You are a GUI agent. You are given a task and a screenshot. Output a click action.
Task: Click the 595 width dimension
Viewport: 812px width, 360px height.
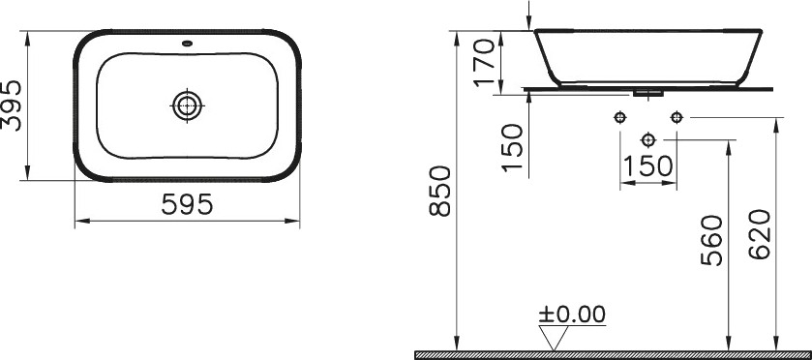[187, 204]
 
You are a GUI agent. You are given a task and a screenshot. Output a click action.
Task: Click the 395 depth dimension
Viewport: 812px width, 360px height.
[12, 105]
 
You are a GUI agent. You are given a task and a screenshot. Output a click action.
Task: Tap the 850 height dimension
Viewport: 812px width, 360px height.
[441, 191]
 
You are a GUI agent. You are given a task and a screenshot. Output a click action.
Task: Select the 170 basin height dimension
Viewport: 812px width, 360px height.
[485, 63]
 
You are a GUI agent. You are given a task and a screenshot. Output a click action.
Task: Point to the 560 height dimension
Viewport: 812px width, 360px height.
[711, 240]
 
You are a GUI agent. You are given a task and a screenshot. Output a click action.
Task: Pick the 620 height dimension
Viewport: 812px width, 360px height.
[760, 234]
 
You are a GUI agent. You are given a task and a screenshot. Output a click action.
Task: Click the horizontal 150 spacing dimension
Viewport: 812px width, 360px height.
[647, 166]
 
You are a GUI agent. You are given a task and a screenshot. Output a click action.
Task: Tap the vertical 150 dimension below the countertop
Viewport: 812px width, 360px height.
[512, 148]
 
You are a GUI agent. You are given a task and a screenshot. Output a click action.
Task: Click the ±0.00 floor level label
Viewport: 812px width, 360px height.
[572, 314]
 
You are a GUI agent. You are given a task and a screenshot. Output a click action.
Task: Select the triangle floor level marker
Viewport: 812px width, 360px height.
[554, 338]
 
